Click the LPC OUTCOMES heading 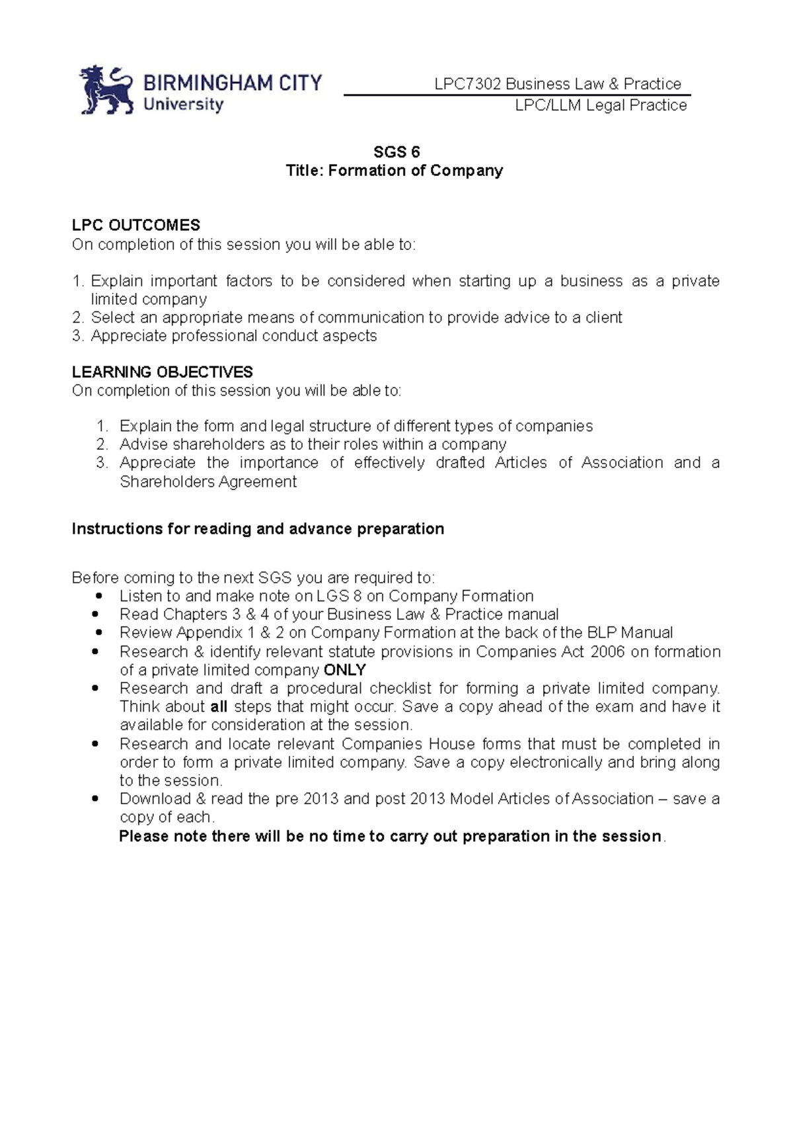pos(136,226)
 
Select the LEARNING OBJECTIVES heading pos(162,372)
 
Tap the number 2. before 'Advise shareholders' pos(102,444)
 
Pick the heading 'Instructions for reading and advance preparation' pos(258,529)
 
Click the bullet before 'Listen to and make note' pos(98,596)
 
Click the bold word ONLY pos(345,670)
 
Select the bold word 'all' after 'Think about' pos(218,707)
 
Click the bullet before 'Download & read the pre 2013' pos(98,799)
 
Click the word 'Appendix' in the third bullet pos(209,633)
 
